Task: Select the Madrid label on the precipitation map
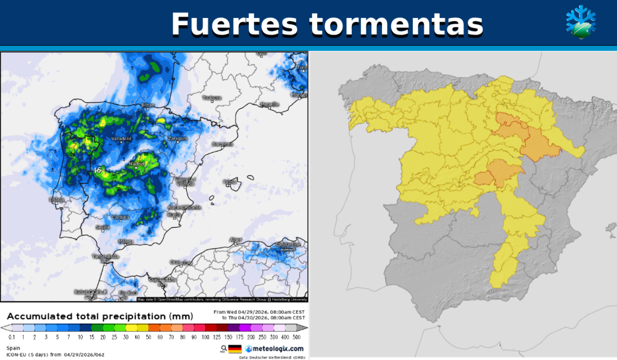point(137,164)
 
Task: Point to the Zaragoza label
point(178,138)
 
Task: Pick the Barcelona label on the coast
point(223,144)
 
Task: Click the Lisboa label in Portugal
point(57,200)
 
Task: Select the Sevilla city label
point(103,227)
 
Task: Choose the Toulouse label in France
point(212,98)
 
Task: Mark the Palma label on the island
point(230,182)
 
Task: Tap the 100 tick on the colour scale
point(206,337)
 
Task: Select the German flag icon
point(235,349)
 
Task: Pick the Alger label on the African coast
point(236,240)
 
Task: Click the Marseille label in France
point(270,104)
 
